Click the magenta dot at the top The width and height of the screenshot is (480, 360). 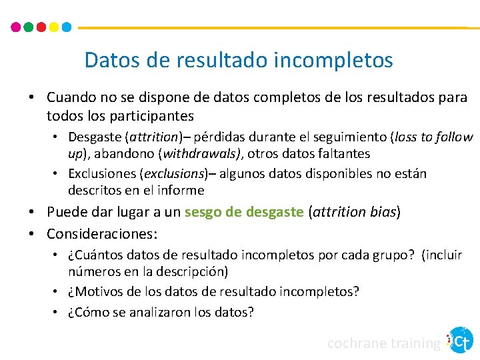[x=16, y=27]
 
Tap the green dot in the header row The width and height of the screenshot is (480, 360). [x=29, y=27]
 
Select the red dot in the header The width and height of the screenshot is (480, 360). [x=41, y=27]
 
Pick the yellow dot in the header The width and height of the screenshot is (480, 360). [x=54, y=27]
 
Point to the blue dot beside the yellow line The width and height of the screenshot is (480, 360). [x=67, y=27]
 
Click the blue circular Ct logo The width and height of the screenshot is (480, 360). [x=461, y=340]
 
